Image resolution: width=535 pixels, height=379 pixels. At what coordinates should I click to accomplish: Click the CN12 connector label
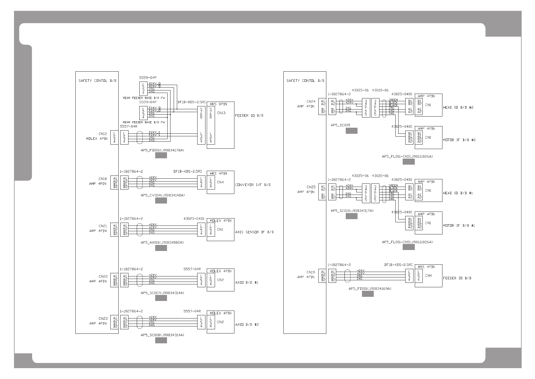[103, 134]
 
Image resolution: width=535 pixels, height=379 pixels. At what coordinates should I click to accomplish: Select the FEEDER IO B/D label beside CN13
[249, 115]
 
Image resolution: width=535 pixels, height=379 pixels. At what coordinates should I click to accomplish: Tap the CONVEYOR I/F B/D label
[253, 185]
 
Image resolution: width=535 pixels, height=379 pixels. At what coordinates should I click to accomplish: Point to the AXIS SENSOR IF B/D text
[254, 232]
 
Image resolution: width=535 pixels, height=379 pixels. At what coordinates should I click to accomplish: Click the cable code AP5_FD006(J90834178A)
[163, 150]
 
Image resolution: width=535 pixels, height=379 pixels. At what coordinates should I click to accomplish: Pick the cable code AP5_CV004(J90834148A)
[163, 195]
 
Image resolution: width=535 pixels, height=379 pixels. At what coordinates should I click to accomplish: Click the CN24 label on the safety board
[311, 102]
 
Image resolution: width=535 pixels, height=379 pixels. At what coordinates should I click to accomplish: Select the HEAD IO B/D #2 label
[458, 108]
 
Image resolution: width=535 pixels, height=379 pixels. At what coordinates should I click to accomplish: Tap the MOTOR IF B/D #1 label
[459, 225]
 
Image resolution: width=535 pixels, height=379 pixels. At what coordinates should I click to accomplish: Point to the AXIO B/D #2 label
[247, 325]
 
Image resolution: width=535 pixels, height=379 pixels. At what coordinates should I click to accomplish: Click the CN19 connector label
[311, 272]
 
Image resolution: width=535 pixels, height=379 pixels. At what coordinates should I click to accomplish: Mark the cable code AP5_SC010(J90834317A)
[352, 211]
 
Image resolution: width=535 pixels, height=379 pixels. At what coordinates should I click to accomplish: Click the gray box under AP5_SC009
[351, 131]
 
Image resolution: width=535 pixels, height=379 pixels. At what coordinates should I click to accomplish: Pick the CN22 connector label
[103, 276]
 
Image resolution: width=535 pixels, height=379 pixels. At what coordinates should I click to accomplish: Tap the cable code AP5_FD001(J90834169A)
[370, 289]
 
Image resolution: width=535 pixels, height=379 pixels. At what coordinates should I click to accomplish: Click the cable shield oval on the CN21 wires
[139, 229]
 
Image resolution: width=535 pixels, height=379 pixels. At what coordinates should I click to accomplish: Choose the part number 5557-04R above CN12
[129, 126]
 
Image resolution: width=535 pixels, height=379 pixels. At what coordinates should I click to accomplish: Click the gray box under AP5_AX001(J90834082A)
[161, 248]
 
